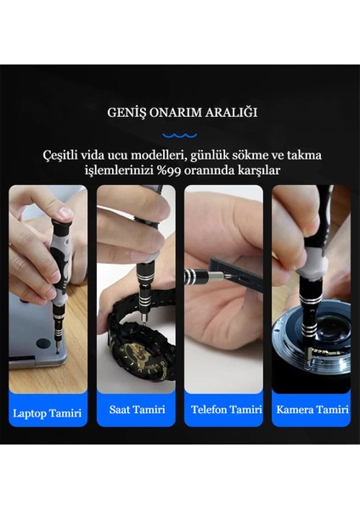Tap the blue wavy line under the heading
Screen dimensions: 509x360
[179, 133]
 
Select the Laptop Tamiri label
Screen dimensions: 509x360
[48, 413]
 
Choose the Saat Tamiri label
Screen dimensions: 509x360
[136, 411]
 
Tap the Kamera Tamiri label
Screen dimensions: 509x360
[311, 411]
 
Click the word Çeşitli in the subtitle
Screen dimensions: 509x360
[64, 154]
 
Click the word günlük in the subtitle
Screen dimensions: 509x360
[217, 155]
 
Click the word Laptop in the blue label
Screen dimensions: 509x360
[30, 413]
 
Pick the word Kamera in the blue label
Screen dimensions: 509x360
[294, 411]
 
